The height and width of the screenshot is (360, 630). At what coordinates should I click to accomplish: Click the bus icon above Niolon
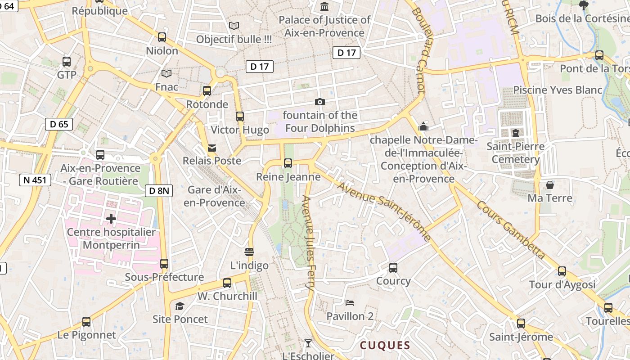[x=162, y=37]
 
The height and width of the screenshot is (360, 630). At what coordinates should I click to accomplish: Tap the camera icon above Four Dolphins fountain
[x=320, y=102]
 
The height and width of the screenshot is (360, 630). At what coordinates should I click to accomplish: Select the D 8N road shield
[x=159, y=191]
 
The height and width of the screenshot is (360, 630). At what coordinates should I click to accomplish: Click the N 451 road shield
[x=35, y=180]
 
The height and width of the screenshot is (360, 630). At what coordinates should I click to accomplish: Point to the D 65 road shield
[x=59, y=124]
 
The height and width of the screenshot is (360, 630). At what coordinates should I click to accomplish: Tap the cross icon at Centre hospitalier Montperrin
[x=111, y=219]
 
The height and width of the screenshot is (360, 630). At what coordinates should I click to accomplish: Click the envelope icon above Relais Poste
[x=211, y=148]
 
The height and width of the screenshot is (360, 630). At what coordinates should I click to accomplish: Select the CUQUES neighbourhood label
[x=385, y=345]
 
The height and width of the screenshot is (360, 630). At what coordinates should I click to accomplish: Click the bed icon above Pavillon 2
[x=350, y=303]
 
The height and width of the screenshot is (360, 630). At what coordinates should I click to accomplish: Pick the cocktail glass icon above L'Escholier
[x=308, y=343]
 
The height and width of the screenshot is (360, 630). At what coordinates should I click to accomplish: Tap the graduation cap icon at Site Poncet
[x=180, y=306]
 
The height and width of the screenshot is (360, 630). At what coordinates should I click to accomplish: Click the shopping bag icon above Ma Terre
[x=549, y=185]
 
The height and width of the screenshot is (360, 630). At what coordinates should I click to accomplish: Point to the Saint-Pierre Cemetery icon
[x=515, y=133]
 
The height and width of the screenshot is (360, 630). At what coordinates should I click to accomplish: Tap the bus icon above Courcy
[x=393, y=268]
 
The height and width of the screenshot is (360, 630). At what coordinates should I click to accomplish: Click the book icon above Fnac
[x=166, y=73]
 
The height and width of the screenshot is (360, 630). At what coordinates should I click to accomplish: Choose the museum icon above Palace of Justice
[x=324, y=6]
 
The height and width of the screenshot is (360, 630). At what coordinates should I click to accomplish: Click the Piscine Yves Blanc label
[x=558, y=90]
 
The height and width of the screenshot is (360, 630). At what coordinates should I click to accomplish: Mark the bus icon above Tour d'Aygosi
[x=562, y=271]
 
